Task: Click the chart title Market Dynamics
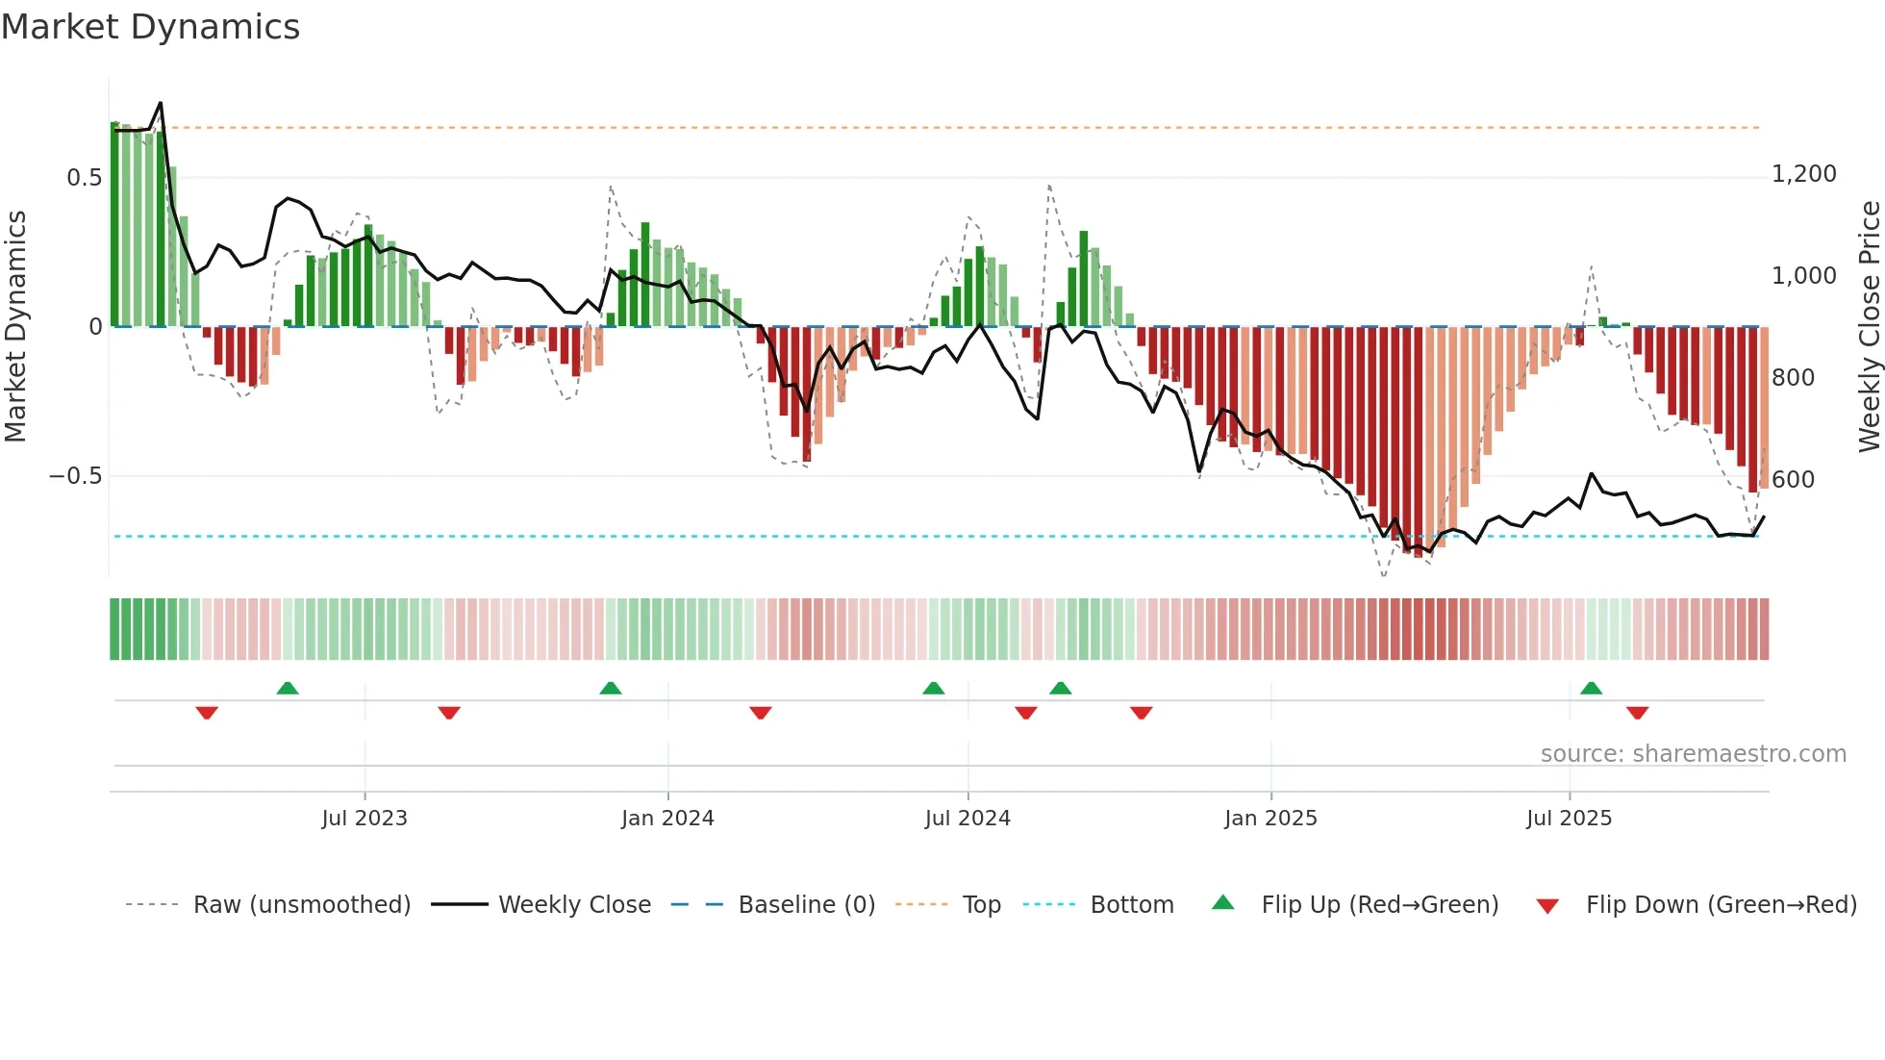(x=150, y=27)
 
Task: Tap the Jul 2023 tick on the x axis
(x=364, y=818)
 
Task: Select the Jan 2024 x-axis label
(x=667, y=818)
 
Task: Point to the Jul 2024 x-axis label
(x=968, y=818)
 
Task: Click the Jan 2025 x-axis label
(x=1270, y=818)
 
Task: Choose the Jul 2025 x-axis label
(x=1569, y=818)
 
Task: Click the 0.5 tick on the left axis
(x=84, y=178)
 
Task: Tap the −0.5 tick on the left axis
(x=75, y=476)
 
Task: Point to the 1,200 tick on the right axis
(x=1803, y=174)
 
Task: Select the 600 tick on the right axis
(x=1793, y=479)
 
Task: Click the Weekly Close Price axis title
(x=1869, y=326)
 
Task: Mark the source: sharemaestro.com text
(x=1693, y=753)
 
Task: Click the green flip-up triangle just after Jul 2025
(x=1591, y=688)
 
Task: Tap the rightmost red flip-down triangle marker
(x=1637, y=713)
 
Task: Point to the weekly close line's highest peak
(x=161, y=103)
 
